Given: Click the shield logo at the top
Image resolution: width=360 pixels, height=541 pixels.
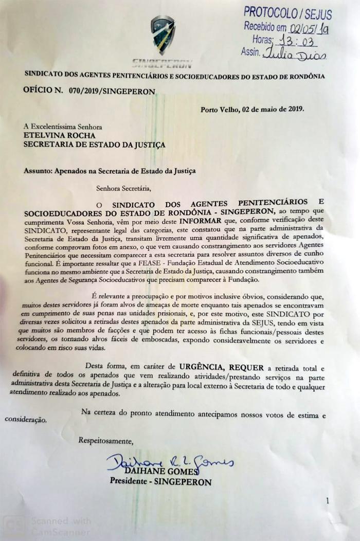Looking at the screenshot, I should [163, 35].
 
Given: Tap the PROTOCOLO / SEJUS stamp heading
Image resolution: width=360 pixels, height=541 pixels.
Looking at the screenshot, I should [287, 13].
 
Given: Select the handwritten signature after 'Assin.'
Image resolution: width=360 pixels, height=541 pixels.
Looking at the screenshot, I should [295, 53].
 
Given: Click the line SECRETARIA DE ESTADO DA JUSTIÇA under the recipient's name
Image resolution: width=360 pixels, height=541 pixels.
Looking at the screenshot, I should [95, 145].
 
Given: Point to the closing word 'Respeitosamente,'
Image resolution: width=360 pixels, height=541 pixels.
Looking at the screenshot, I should [105, 440].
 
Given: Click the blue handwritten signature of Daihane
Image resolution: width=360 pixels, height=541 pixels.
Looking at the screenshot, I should [169, 461].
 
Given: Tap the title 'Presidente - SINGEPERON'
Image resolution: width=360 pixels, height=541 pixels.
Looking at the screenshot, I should [160, 482].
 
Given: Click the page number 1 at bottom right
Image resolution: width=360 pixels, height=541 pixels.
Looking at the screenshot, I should [327, 500].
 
